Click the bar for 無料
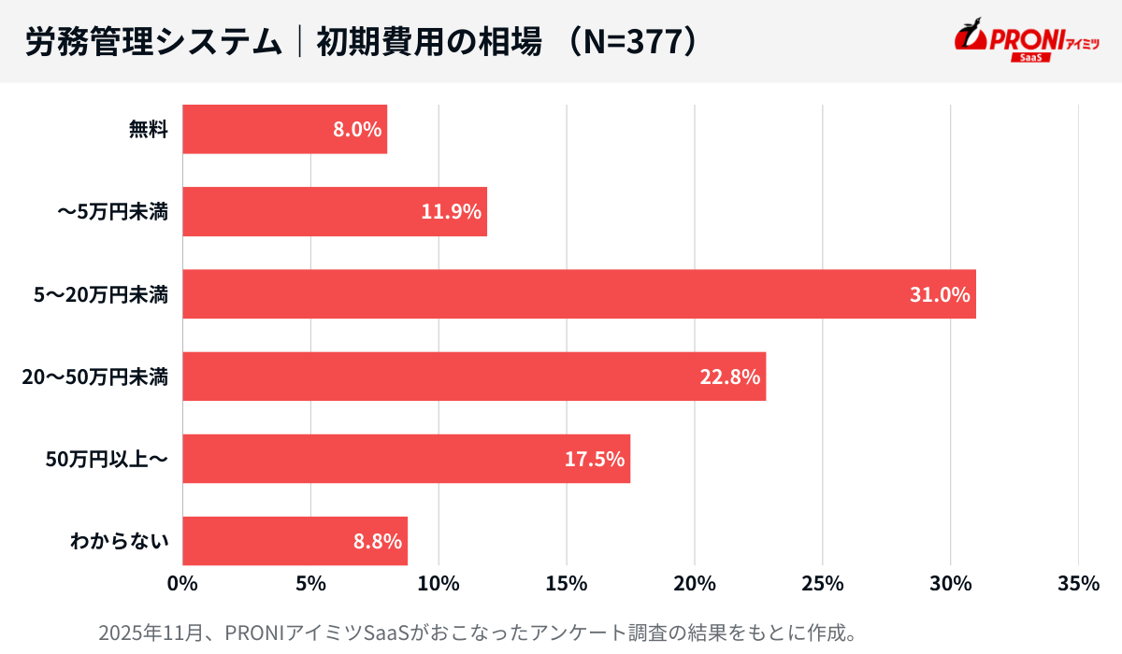[x=284, y=129]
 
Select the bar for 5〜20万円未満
[x=579, y=294]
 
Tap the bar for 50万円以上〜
[x=406, y=459]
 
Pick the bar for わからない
[x=295, y=541]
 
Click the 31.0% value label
[x=941, y=295]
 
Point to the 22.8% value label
[x=730, y=377]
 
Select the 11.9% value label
[x=452, y=212]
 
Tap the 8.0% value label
[x=357, y=130]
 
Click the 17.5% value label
[x=595, y=460]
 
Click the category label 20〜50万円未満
[x=96, y=377]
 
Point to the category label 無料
[x=149, y=130]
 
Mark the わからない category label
[x=120, y=542]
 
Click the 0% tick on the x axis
[x=182, y=584]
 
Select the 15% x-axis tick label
[x=567, y=584]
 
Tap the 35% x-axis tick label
[x=1079, y=584]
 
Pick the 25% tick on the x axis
[x=823, y=584]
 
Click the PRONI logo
[x=1027, y=41]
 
